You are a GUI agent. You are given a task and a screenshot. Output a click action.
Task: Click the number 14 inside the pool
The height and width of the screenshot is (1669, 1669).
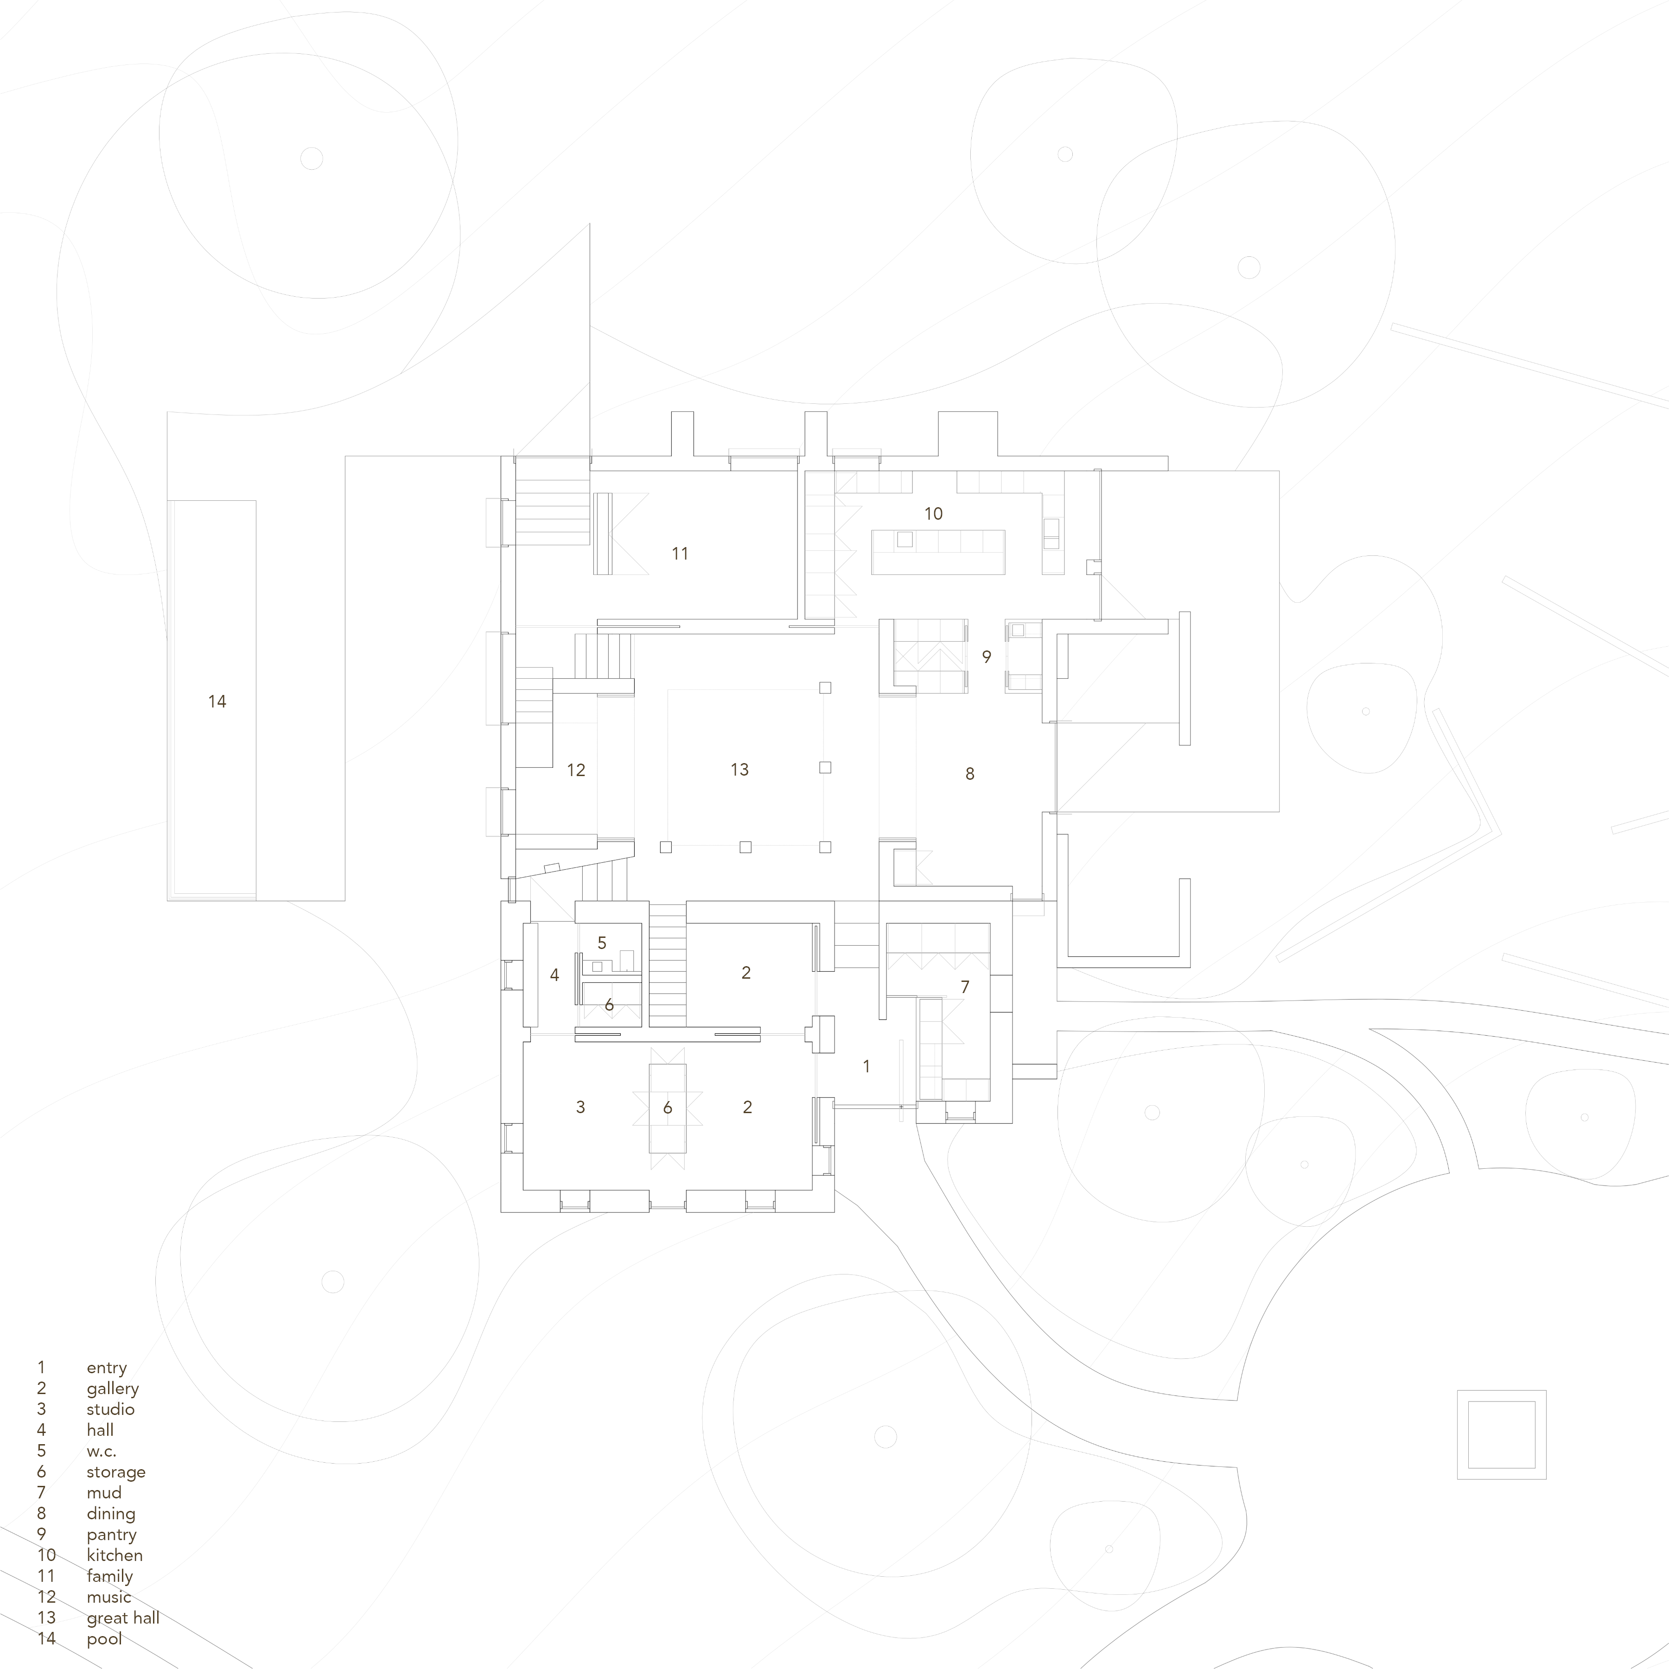click(x=217, y=701)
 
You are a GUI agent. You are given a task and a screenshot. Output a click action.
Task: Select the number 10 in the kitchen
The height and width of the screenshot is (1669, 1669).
click(x=933, y=514)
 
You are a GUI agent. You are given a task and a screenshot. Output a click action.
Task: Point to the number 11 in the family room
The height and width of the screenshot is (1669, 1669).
click(x=680, y=554)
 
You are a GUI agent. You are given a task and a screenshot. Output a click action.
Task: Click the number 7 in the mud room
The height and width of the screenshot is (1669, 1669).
click(x=965, y=987)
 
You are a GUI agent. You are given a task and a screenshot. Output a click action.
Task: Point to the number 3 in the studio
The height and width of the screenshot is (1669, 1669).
click(x=580, y=1108)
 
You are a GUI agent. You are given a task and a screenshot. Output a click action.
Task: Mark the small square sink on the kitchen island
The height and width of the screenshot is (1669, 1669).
click(x=905, y=539)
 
